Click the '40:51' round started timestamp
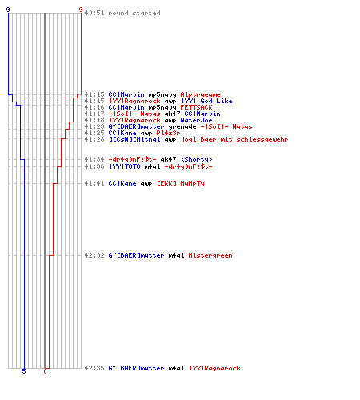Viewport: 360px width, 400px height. click(x=94, y=13)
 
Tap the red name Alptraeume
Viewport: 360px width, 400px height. click(x=200, y=94)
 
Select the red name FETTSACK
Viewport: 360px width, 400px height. click(x=196, y=107)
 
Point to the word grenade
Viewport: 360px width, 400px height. click(x=182, y=127)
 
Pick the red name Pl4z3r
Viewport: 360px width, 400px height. click(x=168, y=133)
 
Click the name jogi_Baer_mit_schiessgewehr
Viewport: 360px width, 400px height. click(x=234, y=139)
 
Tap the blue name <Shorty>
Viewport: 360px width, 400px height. click(x=197, y=159)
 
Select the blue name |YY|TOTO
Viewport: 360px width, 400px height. click(x=125, y=166)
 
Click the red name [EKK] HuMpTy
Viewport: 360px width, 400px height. click(x=181, y=183)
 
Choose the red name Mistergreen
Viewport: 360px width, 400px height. click(x=210, y=255)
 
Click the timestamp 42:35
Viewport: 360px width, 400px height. click(x=94, y=368)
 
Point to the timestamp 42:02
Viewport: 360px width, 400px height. click(x=94, y=255)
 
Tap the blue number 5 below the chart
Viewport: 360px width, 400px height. click(x=24, y=371)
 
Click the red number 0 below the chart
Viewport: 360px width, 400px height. click(x=45, y=371)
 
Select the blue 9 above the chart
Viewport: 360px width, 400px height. click(x=8, y=10)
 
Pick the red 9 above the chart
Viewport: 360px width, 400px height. click(x=81, y=10)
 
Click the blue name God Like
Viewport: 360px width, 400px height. click(x=216, y=101)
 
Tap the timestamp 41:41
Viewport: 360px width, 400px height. click(x=94, y=183)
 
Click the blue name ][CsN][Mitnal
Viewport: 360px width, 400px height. click(x=134, y=139)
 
